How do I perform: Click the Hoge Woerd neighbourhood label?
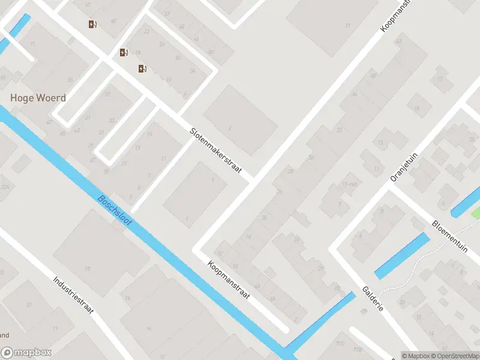click(38, 98)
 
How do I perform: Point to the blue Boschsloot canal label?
click(115, 211)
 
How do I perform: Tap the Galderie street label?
click(373, 297)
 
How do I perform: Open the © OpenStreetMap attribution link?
click(451, 356)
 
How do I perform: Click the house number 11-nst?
click(349, 184)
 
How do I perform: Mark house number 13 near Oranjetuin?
click(380, 143)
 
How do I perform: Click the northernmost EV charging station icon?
click(92, 25)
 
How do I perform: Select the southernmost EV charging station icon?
click(142, 68)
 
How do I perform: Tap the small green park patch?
click(475, 212)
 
